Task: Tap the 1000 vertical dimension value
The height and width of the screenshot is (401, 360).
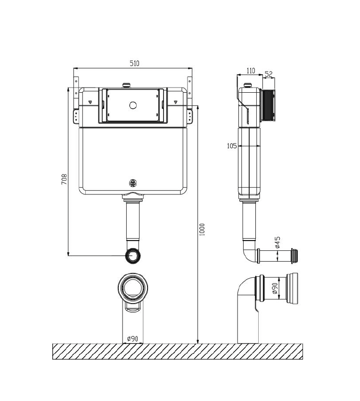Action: (202, 229)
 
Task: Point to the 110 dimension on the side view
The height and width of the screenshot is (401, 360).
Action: (250, 71)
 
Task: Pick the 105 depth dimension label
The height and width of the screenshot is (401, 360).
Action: (231, 146)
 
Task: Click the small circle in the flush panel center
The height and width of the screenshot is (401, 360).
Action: (133, 104)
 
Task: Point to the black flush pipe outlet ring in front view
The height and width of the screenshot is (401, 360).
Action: (133, 256)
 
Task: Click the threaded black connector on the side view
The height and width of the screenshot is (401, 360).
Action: (268, 106)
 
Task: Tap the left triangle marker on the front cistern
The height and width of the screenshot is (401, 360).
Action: (90, 102)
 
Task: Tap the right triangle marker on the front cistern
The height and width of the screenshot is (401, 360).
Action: (176, 102)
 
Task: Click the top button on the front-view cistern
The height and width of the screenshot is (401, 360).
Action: (126, 85)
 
